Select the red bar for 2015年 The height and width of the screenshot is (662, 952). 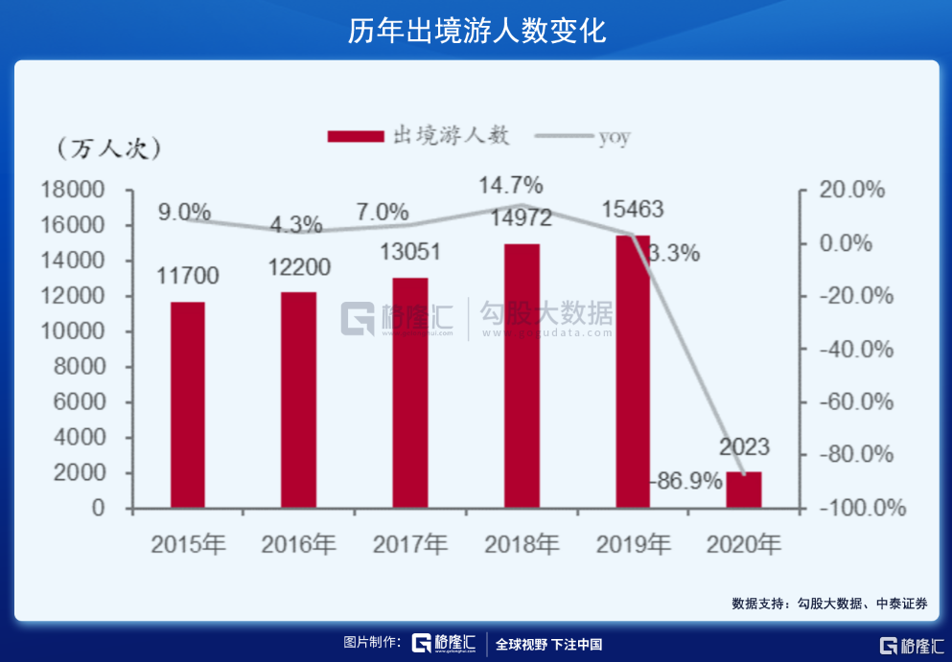coord(187,404)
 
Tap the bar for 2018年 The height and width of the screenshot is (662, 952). coord(522,376)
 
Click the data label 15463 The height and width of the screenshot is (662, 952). coord(630,209)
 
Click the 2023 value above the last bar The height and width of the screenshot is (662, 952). coord(744,447)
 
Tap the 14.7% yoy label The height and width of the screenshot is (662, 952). coord(512,183)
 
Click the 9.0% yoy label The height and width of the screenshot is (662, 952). coord(185,212)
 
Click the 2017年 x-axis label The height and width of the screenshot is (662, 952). coord(409,544)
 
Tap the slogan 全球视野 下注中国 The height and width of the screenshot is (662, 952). coord(548,645)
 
